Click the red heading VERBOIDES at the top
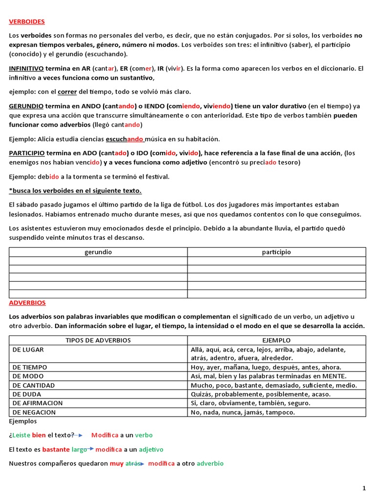tap(27, 21)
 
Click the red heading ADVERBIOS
tap(27, 303)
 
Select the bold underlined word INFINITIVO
tap(26, 68)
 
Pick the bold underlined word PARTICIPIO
tap(27, 153)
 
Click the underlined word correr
tap(67, 91)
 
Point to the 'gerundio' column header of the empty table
tap(98, 252)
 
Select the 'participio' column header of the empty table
tap(276, 252)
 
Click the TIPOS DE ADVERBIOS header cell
tap(98, 340)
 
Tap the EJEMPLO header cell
tap(276, 340)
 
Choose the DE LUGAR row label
tap(28, 350)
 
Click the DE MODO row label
tap(28, 376)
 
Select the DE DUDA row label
tap(27, 394)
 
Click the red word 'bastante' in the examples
tap(56, 449)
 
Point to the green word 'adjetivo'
tap(151, 449)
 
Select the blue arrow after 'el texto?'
tap(80, 435)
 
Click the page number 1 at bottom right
tap(364, 488)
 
